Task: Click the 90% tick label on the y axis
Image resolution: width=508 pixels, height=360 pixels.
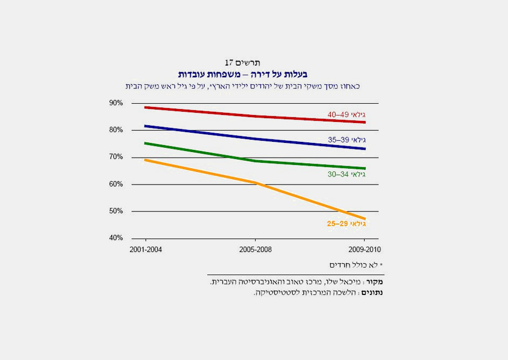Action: [x=116, y=103]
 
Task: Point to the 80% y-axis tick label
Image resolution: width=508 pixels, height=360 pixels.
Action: [x=116, y=130]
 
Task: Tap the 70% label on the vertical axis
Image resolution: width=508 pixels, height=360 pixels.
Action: [x=116, y=157]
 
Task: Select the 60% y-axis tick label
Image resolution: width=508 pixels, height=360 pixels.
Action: [x=116, y=184]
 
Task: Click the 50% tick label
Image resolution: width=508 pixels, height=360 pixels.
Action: [x=116, y=211]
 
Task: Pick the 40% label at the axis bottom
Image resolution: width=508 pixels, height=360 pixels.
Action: [x=116, y=238]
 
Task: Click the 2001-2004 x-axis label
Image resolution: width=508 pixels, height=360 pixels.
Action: [x=146, y=250]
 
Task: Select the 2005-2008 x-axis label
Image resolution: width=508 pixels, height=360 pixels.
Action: [x=255, y=250]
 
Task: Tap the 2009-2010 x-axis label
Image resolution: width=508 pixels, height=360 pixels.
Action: [x=364, y=250]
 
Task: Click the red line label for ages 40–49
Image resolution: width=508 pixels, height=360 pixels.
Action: [x=346, y=115]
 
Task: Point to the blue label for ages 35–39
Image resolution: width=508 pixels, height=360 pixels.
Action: [x=346, y=140]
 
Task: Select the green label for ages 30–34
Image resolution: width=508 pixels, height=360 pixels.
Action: [x=346, y=174]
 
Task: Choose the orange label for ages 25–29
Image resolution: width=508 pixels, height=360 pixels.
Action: [x=346, y=224]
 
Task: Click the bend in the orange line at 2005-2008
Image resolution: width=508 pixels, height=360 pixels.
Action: [x=256, y=183]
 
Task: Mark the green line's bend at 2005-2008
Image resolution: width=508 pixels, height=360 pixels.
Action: [x=255, y=161]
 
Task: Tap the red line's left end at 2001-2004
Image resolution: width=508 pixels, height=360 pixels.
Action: [x=146, y=107]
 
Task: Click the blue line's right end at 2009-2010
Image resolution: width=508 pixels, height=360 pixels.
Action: [x=364, y=149]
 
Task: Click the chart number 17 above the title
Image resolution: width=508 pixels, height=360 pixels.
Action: [x=229, y=63]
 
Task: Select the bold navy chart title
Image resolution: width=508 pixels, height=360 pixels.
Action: [x=242, y=74]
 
